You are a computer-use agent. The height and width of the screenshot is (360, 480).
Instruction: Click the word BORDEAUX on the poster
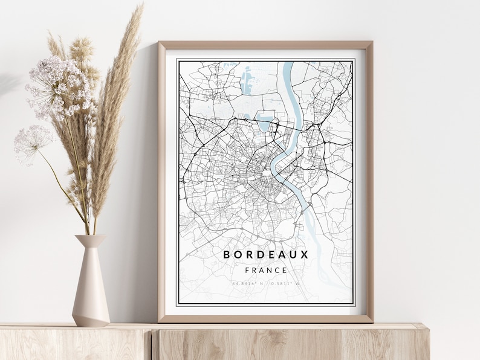click(x=266, y=254)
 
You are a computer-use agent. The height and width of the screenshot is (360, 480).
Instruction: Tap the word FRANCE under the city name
click(x=266, y=270)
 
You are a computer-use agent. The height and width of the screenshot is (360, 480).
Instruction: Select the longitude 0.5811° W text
click(x=285, y=283)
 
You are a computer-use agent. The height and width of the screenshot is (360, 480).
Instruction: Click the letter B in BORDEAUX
click(x=227, y=254)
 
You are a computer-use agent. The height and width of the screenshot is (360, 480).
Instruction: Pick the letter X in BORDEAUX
click(x=305, y=254)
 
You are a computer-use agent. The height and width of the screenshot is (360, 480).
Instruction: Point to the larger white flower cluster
click(x=58, y=88)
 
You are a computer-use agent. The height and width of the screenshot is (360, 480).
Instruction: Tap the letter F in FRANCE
click(x=247, y=270)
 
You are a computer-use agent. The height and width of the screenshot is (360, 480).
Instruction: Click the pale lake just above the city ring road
click(x=265, y=122)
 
